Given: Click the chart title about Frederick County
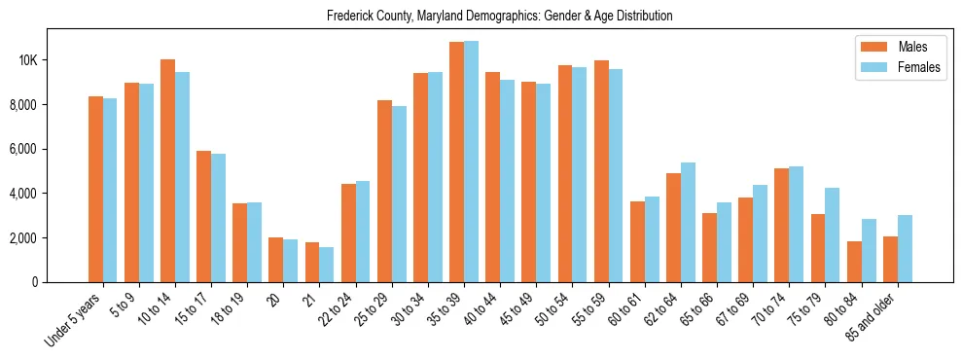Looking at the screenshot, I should pos(500,17).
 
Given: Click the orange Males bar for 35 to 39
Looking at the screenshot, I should pos(456,162).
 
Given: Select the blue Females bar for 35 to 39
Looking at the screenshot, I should pos(471,162).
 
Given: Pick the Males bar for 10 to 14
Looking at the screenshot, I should pos(167,170).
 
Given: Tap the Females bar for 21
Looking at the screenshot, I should pos(326,265).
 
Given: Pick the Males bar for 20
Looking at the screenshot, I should pos(275,260).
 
